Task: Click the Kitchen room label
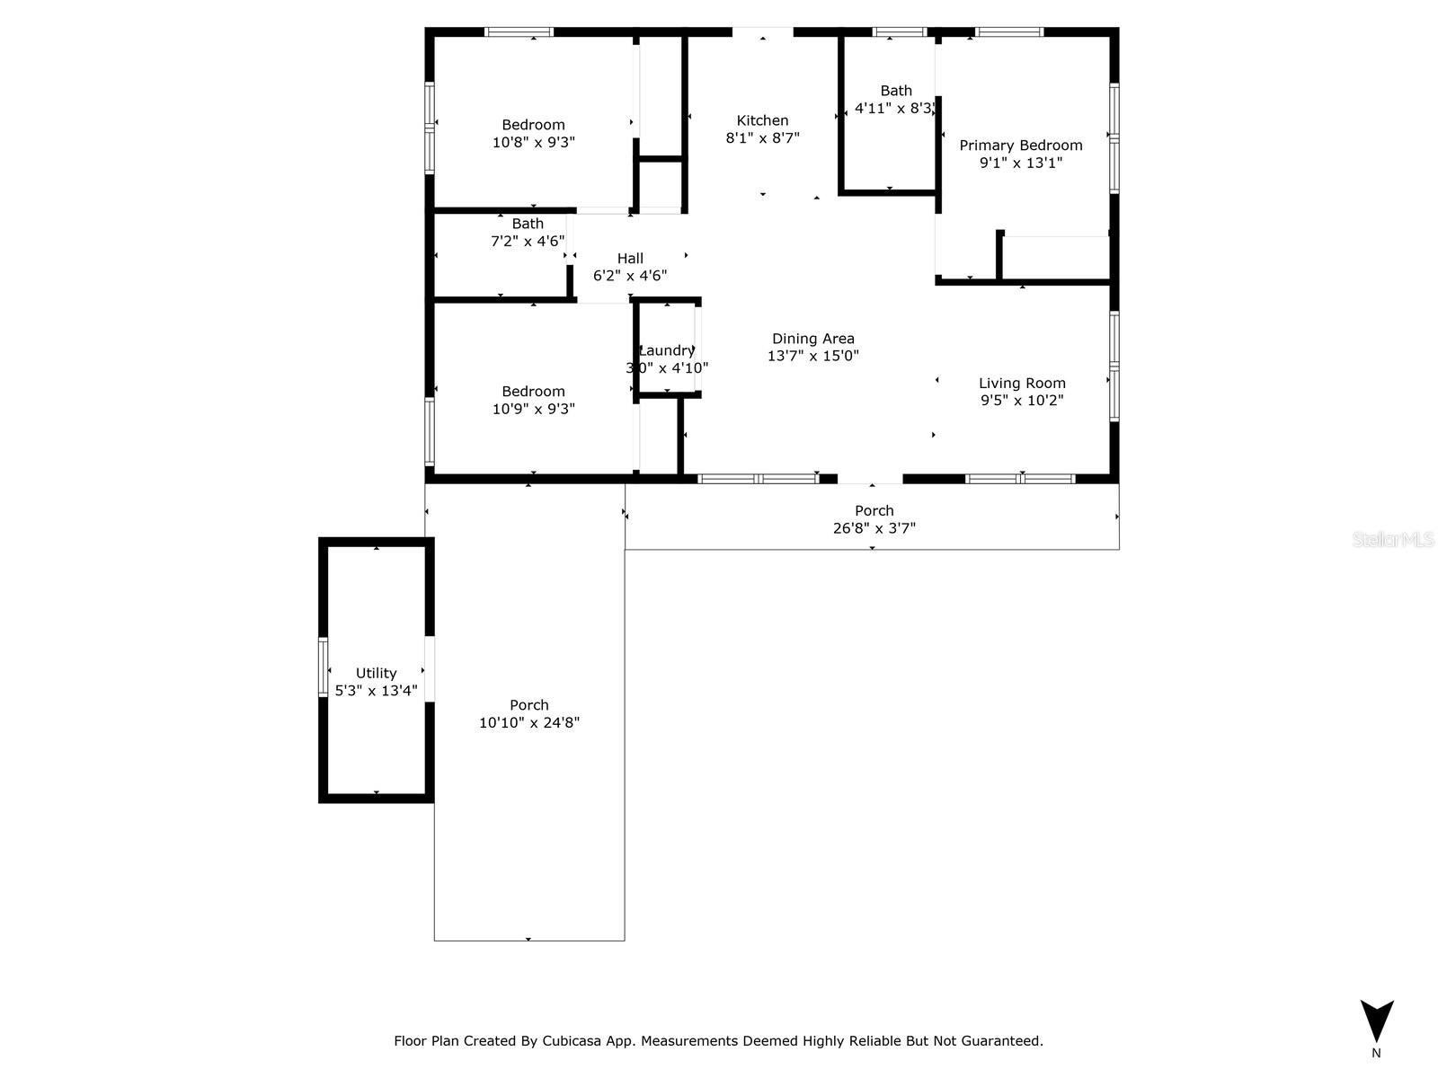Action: click(762, 120)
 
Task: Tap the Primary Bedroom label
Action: click(1020, 146)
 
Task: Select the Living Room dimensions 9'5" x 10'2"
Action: click(1022, 401)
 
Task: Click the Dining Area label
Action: click(812, 339)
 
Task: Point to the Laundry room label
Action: click(667, 350)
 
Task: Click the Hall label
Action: click(630, 259)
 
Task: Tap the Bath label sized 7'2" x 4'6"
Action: click(528, 224)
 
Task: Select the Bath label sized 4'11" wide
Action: click(895, 91)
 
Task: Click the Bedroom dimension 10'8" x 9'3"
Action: click(533, 142)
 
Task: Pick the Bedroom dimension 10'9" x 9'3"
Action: click(533, 409)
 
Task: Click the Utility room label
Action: click(376, 673)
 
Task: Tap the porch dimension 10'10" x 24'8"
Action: click(528, 722)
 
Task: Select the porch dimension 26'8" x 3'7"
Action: click(874, 528)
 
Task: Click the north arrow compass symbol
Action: click(1376, 1021)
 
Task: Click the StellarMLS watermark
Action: click(1393, 540)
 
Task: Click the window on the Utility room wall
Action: click(324, 667)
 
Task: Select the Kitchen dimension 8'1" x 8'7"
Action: click(762, 138)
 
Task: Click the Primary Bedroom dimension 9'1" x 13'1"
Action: click(1020, 163)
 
